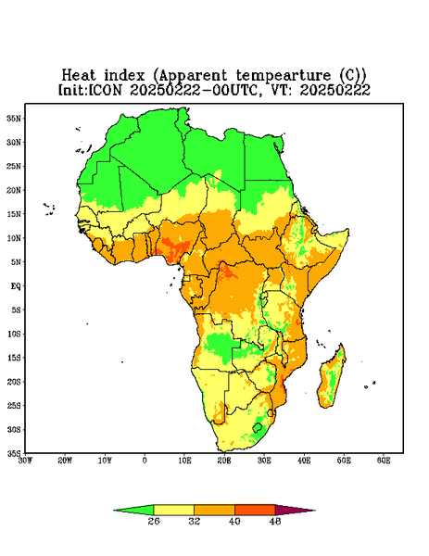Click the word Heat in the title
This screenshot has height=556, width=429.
point(79,76)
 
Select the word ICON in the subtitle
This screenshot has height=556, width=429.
point(105,90)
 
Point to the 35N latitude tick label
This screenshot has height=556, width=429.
point(14,118)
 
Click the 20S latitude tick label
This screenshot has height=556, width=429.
point(14,382)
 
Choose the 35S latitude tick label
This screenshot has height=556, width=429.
point(14,453)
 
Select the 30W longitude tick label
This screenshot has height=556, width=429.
point(25,461)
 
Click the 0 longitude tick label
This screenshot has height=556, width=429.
point(145,461)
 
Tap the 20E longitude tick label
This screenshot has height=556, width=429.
point(224,461)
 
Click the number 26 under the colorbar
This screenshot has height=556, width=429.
point(154,521)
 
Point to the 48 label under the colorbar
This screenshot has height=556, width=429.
point(275,521)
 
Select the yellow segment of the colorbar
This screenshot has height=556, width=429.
point(173,510)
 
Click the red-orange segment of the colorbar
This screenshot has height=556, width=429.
point(255,510)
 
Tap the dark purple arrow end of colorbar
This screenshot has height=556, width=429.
point(295,510)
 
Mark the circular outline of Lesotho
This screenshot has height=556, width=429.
point(258,427)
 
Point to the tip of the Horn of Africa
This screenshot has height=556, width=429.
point(348,231)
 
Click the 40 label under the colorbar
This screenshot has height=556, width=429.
point(234,521)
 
